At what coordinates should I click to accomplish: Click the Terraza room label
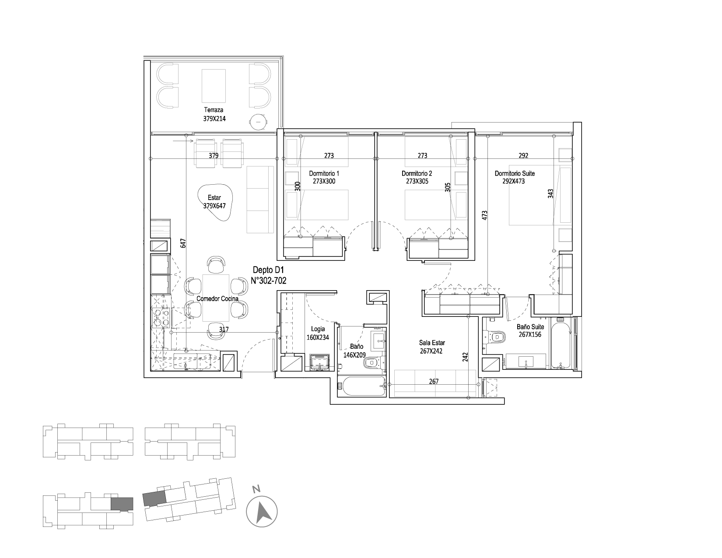pos(214,110)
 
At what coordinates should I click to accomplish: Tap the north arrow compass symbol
pos(262,512)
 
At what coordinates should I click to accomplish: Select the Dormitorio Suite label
pos(515,173)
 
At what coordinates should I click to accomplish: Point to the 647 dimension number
pos(183,243)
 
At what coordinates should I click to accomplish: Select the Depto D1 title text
pos(269,270)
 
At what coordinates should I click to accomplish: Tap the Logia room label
pos(318,329)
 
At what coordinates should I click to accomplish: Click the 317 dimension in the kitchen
pos(224,330)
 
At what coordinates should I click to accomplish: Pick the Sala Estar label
pos(432,343)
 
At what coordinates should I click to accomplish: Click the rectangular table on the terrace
pos(214,86)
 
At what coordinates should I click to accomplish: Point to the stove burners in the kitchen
pos(161,317)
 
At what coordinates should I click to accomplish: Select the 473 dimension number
pos(484,215)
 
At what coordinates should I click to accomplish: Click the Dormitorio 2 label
pos(417,173)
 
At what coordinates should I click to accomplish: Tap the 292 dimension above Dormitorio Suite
pos(523,155)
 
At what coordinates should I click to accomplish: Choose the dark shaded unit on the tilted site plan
pos(154,498)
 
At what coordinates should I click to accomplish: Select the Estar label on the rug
pos(214,197)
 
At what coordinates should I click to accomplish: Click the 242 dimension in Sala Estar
pos(465,357)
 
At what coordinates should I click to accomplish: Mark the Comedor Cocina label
pos(217,298)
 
